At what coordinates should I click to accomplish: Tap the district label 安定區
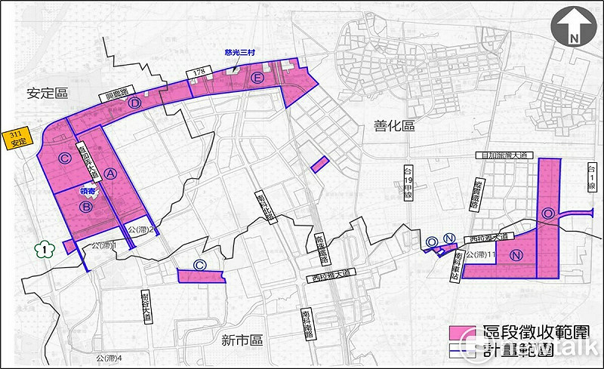47,93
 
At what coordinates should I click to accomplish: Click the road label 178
199,72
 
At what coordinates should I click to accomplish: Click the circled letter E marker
257,79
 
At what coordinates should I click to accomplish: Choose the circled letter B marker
87,205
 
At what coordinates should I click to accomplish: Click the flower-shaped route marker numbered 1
45,249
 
